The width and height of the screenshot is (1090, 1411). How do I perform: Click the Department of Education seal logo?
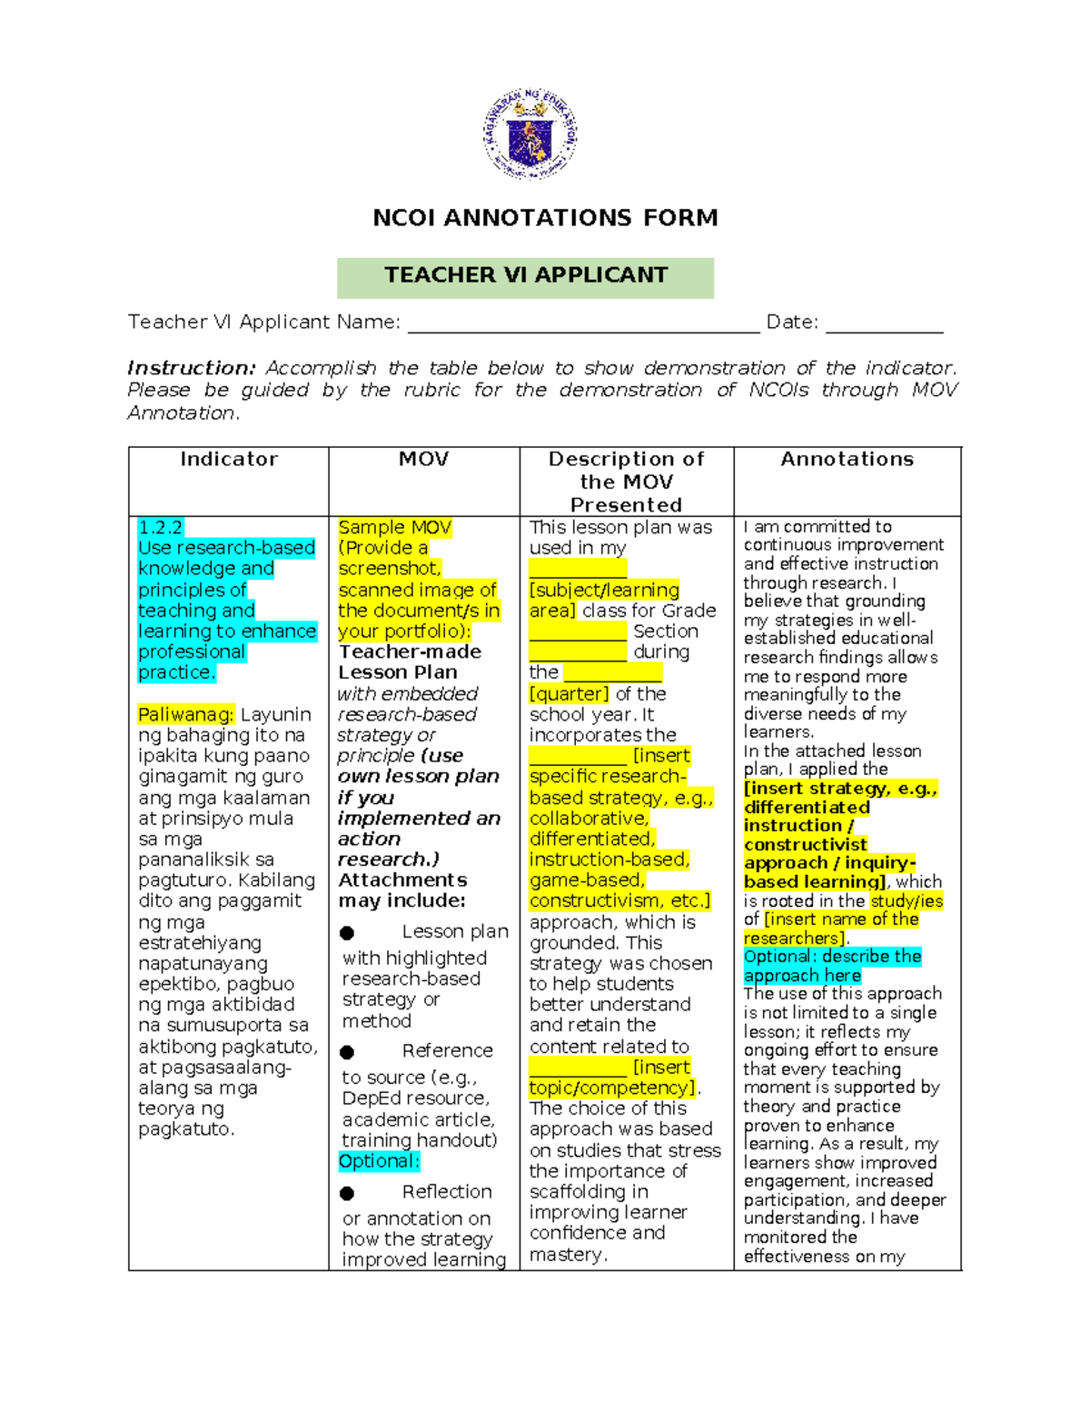[530, 134]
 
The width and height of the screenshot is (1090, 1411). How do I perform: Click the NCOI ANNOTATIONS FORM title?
[545, 218]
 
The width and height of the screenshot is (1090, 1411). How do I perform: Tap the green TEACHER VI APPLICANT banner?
[525, 276]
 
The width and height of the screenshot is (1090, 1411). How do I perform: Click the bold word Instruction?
[191, 368]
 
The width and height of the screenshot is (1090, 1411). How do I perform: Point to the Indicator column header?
[229, 460]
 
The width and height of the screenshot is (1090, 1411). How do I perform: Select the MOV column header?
[423, 460]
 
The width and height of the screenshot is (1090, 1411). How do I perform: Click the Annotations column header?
[847, 460]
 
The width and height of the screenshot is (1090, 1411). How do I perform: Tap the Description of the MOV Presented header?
[626, 482]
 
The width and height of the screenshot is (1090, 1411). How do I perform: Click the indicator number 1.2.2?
[161, 528]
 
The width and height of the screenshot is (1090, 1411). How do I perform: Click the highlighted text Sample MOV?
[394, 528]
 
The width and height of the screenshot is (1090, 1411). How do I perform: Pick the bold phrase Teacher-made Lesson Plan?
[410, 662]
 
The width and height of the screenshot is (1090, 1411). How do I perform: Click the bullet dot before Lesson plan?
[347, 933]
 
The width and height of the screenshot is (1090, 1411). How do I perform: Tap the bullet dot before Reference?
[347, 1052]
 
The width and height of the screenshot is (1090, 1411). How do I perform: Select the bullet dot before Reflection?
[347, 1193]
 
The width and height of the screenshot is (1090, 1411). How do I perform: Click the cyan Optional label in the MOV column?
[379, 1162]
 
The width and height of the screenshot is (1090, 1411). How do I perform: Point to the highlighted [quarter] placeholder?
[569, 694]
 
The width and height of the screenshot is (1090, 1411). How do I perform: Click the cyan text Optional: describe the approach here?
[832, 966]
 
